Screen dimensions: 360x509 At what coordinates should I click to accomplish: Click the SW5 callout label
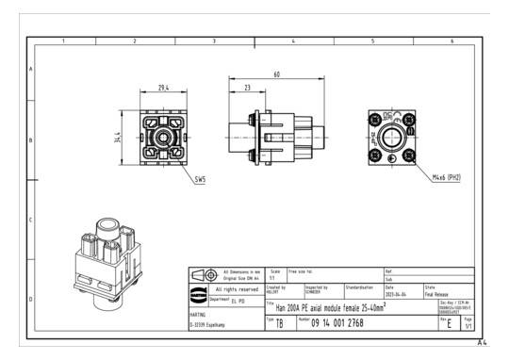(x=198, y=175)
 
